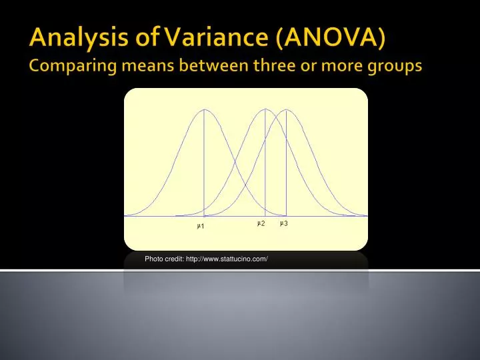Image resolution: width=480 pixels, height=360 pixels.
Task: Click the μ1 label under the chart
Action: (x=201, y=227)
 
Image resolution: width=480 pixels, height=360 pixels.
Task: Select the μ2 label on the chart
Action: (x=261, y=223)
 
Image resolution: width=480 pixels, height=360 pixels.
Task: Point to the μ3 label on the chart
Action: (x=283, y=223)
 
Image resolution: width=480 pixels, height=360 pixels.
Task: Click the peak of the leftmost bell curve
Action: (x=203, y=109)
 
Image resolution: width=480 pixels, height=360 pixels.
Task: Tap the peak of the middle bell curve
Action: (x=265, y=109)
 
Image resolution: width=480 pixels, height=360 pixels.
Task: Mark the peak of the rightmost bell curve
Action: (x=286, y=109)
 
